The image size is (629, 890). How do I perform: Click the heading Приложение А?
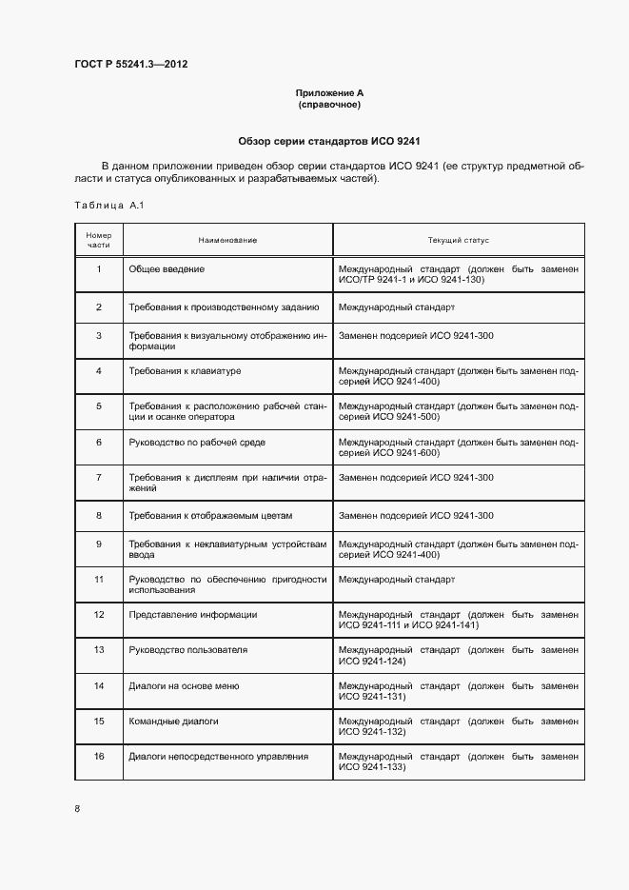point(329,93)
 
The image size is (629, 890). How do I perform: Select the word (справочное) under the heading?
point(329,105)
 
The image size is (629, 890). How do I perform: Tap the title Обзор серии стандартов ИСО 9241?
point(328,141)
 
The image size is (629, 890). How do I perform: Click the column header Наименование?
point(227,240)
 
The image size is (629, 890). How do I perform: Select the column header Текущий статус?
point(459,240)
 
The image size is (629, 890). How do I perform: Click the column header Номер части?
point(99,240)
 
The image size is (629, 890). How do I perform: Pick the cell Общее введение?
point(167,269)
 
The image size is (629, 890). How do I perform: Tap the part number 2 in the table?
point(99,307)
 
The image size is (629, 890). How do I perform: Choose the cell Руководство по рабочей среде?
point(197,443)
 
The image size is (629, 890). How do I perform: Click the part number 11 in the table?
point(99,579)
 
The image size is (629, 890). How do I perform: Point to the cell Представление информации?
point(192,615)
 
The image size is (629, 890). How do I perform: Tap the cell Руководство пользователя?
point(187,650)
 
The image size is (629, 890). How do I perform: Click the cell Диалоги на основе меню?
point(184,686)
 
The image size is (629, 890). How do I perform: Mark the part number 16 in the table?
point(99,757)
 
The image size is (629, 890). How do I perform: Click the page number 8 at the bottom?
point(77,809)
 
